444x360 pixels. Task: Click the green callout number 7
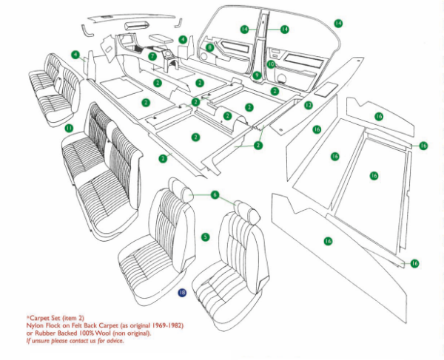pos(152,55)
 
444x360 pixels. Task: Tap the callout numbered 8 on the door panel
pos(210,47)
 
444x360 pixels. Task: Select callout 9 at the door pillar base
pos(256,75)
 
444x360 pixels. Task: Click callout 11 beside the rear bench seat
pos(68,128)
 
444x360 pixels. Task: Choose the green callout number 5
pos(206,237)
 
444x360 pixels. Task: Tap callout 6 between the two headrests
pos(215,194)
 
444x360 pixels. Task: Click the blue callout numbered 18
pos(182,292)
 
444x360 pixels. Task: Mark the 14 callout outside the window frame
pos(338,24)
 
